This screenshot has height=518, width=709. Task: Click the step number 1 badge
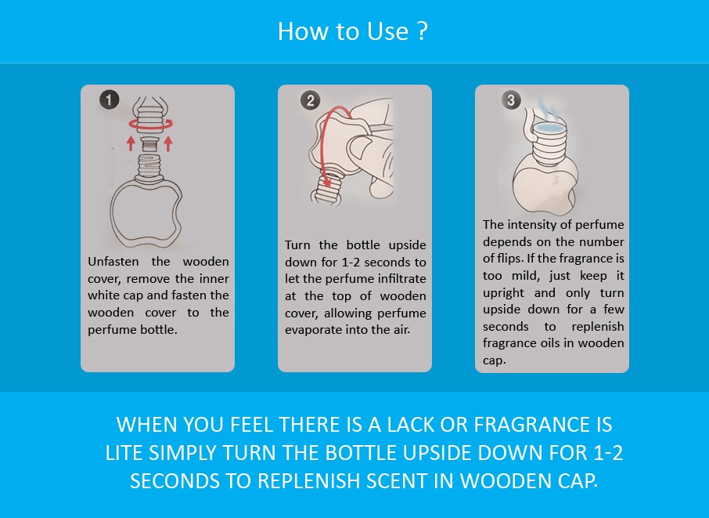point(109,100)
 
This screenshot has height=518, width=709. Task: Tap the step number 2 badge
point(310,100)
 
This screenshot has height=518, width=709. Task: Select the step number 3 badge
point(511,100)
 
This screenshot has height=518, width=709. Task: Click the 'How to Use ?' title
point(353,31)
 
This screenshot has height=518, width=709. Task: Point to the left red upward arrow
point(131,143)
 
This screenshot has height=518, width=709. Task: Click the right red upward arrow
point(168,143)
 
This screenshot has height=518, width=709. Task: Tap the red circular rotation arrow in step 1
point(150,124)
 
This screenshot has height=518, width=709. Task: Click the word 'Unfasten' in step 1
point(113,262)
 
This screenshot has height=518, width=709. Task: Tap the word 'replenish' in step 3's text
point(597,327)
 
